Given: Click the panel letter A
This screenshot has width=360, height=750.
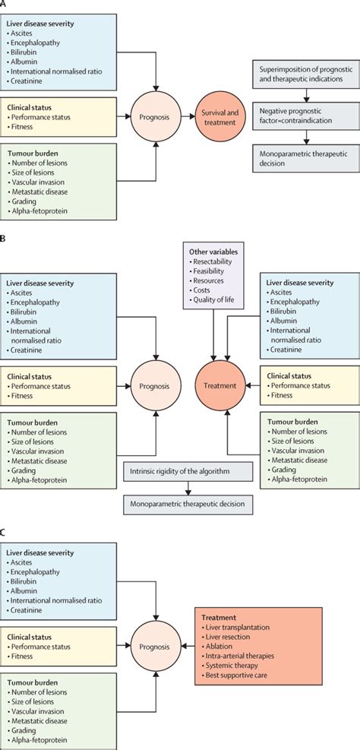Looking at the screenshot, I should pyautogui.click(x=5, y=5).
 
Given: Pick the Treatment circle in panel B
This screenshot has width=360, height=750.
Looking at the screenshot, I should pyautogui.click(x=220, y=385).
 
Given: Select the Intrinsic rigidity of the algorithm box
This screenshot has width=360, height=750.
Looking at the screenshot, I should pyautogui.click(x=185, y=472).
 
